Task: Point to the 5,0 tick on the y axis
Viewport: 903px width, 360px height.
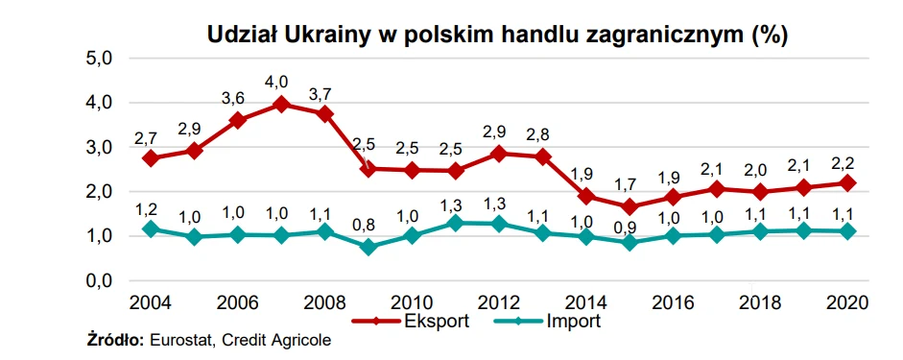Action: click(x=104, y=59)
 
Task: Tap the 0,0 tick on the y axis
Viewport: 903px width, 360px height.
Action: click(x=104, y=281)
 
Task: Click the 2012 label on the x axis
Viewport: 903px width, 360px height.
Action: click(x=499, y=301)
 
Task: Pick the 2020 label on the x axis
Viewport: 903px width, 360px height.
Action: click(x=846, y=301)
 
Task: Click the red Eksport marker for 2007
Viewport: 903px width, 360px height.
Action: click(x=281, y=105)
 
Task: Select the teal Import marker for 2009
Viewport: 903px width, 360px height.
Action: click(x=368, y=247)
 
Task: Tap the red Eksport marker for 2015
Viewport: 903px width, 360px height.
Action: click(x=630, y=205)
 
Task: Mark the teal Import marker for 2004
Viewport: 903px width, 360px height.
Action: click(x=151, y=228)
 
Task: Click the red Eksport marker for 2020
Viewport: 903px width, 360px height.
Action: click(x=847, y=183)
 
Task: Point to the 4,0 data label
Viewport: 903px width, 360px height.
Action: click(x=276, y=82)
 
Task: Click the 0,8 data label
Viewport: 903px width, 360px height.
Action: click(x=364, y=224)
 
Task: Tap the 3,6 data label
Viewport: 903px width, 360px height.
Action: click(x=232, y=98)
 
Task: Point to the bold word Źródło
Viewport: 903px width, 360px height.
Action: click(x=115, y=340)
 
